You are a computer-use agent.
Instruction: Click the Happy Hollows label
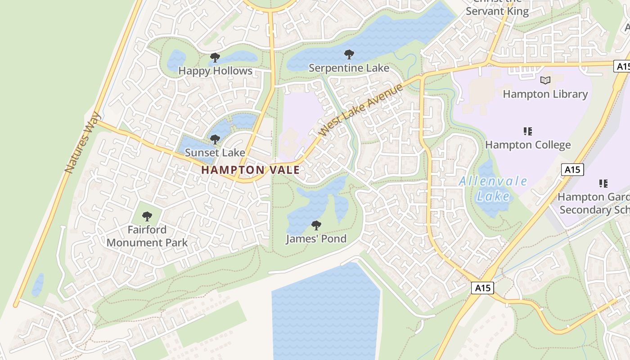[x=215, y=71]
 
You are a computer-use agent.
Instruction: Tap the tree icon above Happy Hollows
[x=215, y=58]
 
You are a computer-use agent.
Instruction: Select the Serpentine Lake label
[x=349, y=68]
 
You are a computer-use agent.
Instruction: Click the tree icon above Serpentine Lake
[x=349, y=55]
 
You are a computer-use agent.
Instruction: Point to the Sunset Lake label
[x=215, y=153]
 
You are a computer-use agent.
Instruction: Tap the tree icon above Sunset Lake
[x=215, y=139]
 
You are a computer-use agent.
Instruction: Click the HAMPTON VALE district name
[x=250, y=170]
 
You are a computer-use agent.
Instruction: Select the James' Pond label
[x=316, y=239]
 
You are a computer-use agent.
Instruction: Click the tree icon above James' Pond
[x=316, y=225]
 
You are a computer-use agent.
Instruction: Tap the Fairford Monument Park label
[x=147, y=236]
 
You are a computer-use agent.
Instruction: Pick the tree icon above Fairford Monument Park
[x=147, y=216]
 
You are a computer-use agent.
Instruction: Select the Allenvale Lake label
[x=493, y=189]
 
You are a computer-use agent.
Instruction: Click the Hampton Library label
[x=545, y=94]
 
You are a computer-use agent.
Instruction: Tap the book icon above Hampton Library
[x=545, y=81]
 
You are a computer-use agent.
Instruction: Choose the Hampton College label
[x=528, y=145]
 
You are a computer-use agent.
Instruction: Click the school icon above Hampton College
[x=528, y=131]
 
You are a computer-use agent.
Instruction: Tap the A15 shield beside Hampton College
[x=572, y=170]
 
